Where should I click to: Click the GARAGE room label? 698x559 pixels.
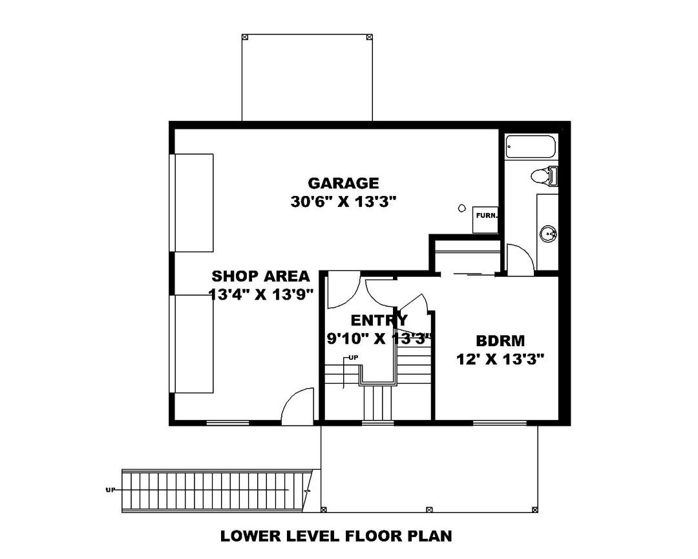tap(343, 183)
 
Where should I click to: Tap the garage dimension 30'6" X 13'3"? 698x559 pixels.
tap(343, 203)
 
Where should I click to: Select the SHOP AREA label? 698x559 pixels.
tap(260, 276)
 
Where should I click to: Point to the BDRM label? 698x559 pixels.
tap(500, 341)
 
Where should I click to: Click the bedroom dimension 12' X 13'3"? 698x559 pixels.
tap(500, 359)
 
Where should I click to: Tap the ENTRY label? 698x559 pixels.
tap(379, 320)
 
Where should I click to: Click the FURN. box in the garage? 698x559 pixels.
tap(485, 220)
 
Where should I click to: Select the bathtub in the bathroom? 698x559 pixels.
tap(531, 146)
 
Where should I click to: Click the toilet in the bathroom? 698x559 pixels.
tap(544, 175)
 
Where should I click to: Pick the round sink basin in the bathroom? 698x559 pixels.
tap(549, 234)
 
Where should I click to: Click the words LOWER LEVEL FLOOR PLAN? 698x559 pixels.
tap(336, 536)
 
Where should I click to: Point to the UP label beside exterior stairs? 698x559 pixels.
tap(110, 490)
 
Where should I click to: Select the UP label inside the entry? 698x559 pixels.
tap(354, 357)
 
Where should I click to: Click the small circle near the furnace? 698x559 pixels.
tap(462, 208)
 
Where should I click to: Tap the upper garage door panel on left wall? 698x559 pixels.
tap(193, 203)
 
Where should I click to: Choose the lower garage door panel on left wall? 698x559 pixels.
tap(193, 344)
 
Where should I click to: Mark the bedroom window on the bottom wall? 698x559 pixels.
tap(499, 422)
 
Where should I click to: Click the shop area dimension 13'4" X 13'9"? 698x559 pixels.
tap(262, 294)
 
